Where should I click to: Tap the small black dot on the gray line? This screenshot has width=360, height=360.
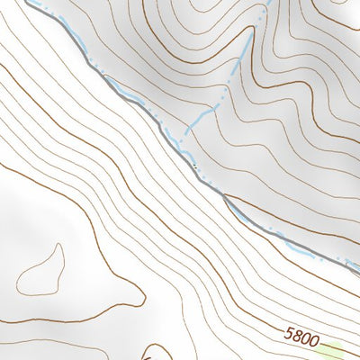coord(193,166)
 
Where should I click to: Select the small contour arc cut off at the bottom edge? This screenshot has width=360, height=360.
coord(153,353)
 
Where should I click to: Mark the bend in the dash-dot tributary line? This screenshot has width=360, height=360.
coord(216,105)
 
